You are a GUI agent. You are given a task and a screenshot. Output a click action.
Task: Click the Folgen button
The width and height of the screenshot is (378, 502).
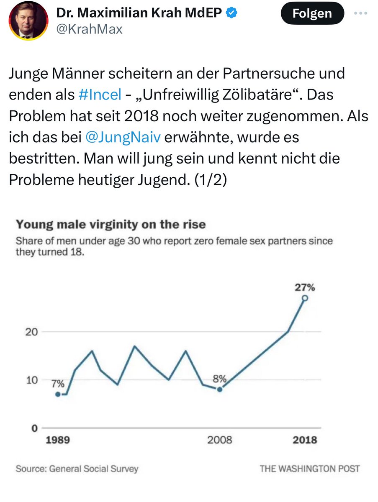pyautogui.click(x=312, y=13)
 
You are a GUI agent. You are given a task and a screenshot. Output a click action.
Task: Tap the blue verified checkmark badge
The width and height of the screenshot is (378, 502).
pyautogui.click(x=232, y=13)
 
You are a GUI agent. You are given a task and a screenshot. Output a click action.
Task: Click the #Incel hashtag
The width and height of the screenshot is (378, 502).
pyautogui.click(x=100, y=95)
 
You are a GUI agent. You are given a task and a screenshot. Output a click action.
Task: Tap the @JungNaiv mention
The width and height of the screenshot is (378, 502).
pyautogui.click(x=122, y=137)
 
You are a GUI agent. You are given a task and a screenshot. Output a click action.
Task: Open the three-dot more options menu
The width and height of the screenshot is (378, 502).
pyautogui.click(x=360, y=13)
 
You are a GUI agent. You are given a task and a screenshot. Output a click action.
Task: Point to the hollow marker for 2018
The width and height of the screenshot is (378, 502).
pyautogui.click(x=305, y=298)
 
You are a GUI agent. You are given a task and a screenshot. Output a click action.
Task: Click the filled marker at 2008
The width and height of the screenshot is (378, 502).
pyautogui.click(x=219, y=389)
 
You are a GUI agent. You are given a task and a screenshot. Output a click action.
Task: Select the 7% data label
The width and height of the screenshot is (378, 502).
pyautogui.click(x=58, y=384)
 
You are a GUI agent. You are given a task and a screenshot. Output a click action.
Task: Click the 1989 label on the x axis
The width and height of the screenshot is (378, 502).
pyautogui.click(x=58, y=440)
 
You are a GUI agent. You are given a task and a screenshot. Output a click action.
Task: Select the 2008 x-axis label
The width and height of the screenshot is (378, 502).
pyautogui.click(x=219, y=440)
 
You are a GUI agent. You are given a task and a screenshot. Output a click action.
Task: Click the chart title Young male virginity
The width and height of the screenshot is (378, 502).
pyautogui.click(x=111, y=224)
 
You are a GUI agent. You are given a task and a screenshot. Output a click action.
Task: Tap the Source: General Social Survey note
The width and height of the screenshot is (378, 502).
pyautogui.click(x=77, y=469)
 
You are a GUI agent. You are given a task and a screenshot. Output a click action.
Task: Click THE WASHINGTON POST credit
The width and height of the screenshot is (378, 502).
pyautogui.click(x=309, y=469)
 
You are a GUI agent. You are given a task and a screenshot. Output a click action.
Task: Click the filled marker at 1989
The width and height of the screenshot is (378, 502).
pyautogui.click(x=58, y=394)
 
